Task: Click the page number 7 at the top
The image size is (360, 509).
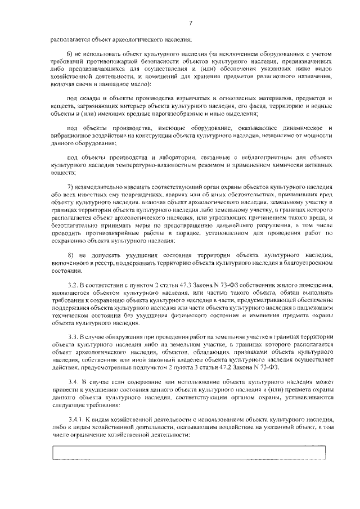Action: (191, 22)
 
